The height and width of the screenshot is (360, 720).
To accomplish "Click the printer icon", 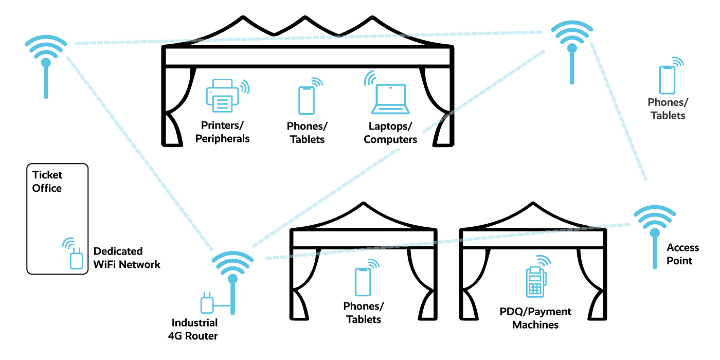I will [x=223, y=96].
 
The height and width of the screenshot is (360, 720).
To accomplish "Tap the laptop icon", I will [x=390, y=99].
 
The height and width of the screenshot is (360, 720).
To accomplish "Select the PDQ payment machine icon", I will [x=535, y=282].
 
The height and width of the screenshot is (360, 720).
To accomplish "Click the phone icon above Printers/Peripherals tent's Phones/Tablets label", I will [x=306, y=100].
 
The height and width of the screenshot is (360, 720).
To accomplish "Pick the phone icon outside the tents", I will [x=667, y=80].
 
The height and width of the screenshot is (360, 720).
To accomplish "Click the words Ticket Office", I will [x=47, y=182].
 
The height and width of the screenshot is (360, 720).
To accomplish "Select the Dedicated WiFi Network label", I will [x=127, y=258].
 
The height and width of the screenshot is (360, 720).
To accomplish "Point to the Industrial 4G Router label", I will [x=194, y=330].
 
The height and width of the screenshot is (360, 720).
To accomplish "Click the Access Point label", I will [x=679, y=254].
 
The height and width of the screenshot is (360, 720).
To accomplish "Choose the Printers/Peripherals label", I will [x=225, y=132].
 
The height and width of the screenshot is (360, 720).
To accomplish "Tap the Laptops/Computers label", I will [x=390, y=133].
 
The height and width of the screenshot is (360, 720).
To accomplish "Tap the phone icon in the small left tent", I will [x=363, y=281].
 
